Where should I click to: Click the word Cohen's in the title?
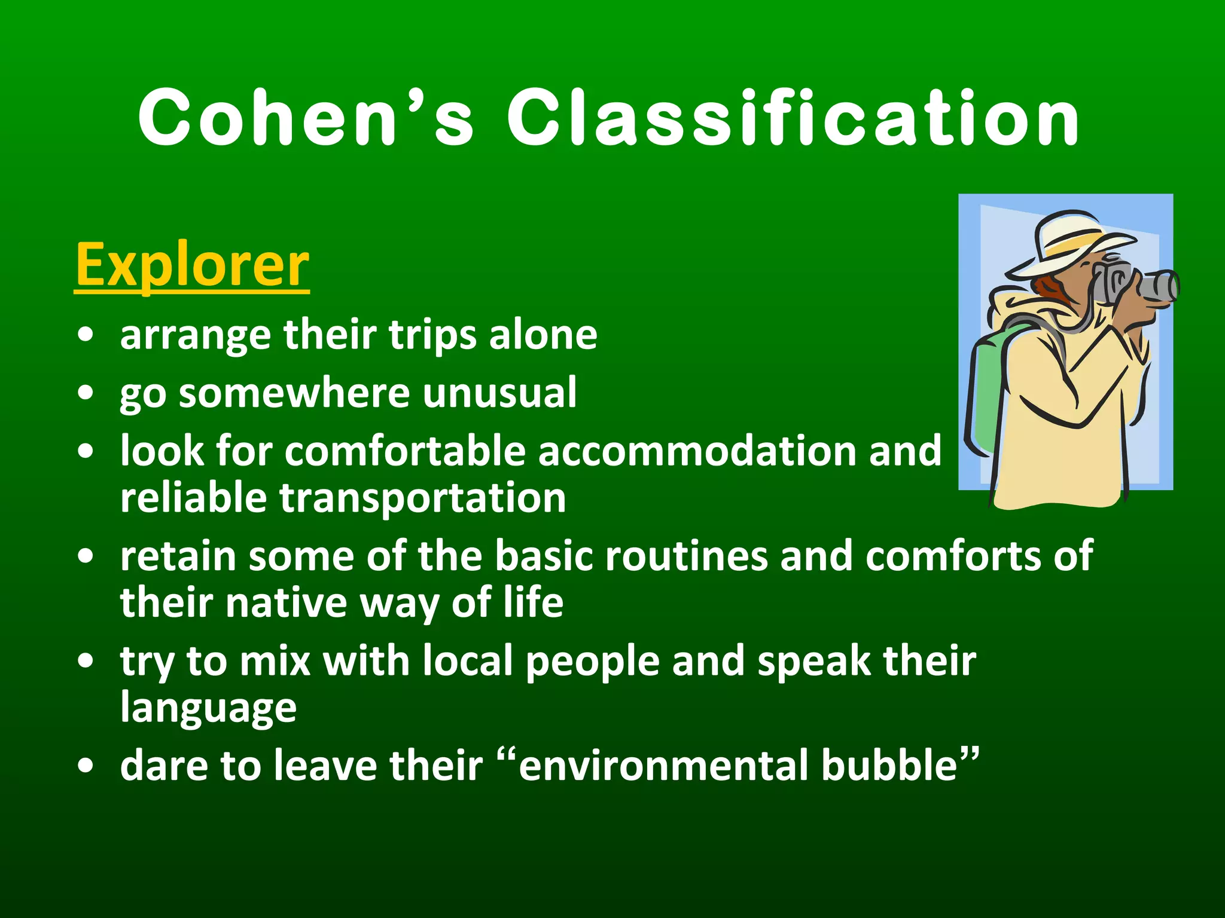point(305,118)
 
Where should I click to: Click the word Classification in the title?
point(793,118)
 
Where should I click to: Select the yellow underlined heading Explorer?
point(192,265)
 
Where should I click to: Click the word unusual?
point(499,393)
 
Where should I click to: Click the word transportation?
point(422,498)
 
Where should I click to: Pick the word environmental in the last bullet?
point(663,766)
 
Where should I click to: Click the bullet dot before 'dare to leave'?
point(86,767)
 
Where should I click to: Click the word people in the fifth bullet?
point(593,662)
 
